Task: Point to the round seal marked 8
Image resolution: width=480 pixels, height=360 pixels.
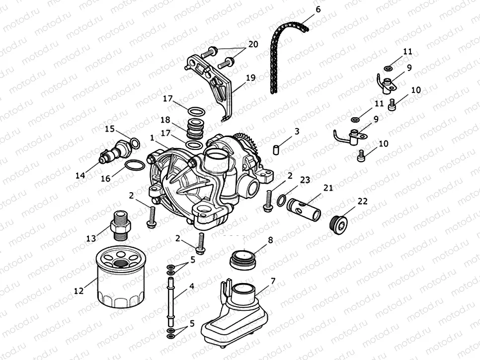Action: [243, 259]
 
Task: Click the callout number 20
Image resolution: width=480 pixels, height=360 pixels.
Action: [253, 44]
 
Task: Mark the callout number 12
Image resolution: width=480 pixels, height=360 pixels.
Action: [79, 291]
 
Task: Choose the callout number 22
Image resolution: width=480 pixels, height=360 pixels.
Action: [363, 201]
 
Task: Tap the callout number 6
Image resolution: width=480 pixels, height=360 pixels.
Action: [318, 9]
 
